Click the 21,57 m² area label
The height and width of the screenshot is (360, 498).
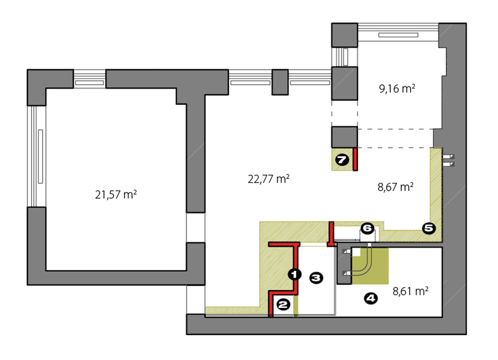click(x=116, y=194)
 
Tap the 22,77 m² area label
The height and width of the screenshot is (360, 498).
click(x=268, y=179)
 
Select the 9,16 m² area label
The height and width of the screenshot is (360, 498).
click(x=397, y=89)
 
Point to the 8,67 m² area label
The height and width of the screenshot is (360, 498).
click(x=396, y=187)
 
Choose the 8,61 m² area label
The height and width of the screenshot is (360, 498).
click(x=411, y=291)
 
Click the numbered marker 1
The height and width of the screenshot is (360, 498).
click(x=295, y=274)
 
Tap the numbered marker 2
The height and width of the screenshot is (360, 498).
click(x=283, y=305)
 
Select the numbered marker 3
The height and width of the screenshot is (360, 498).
click(x=316, y=278)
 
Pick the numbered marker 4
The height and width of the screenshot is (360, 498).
click(x=371, y=299)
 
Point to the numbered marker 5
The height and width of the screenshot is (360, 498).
click(x=429, y=228)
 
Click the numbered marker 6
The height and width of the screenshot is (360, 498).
click(x=367, y=228)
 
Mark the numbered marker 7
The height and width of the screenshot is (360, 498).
click(x=342, y=160)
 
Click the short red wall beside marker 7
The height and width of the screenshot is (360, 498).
click(x=356, y=159)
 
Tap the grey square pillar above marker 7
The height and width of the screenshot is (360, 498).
click(x=345, y=137)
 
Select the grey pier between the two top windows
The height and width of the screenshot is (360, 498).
click(x=280, y=82)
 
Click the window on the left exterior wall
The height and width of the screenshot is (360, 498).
click(x=37, y=156)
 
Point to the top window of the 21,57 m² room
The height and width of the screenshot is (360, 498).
click(x=90, y=79)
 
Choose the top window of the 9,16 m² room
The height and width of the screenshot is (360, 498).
click(x=398, y=32)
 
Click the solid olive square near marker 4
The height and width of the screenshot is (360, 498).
click(x=370, y=266)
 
